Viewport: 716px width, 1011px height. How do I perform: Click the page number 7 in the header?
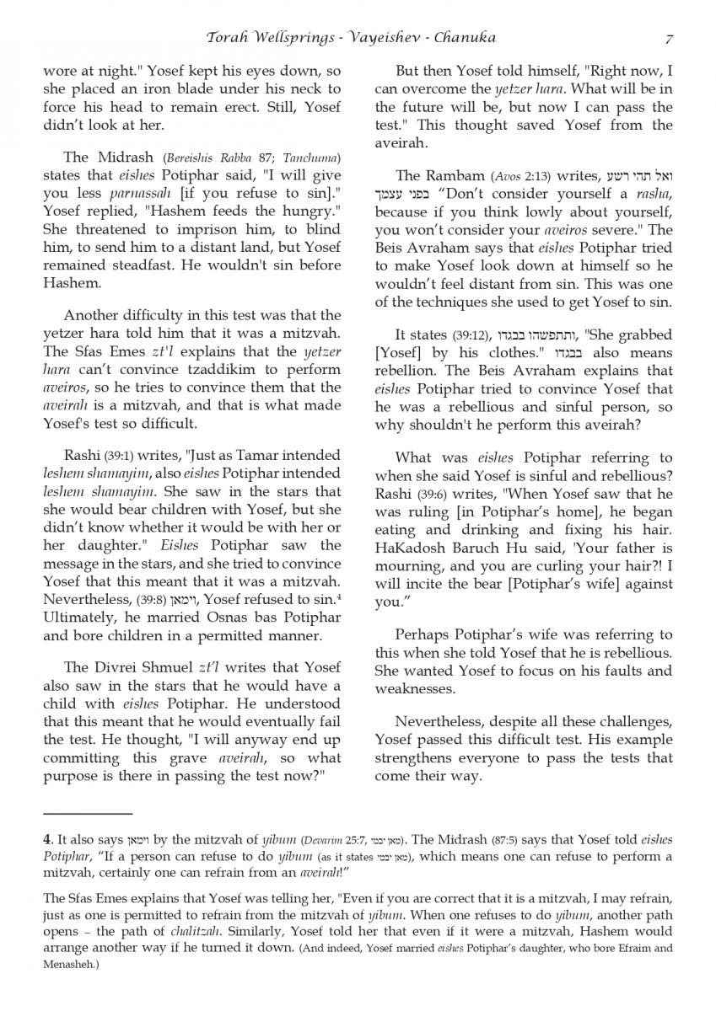(669, 38)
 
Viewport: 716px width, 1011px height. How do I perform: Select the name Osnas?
(191, 618)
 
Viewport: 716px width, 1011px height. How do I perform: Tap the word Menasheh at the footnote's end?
(74, 965)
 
